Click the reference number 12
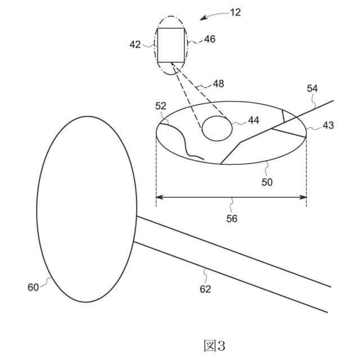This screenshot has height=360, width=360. [235, 12]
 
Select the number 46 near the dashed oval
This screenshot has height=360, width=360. [210, 39]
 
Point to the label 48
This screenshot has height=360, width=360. [218, 83]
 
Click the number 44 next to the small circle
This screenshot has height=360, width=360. [254, 120]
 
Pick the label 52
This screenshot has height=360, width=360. [161, 106]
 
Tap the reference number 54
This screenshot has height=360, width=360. [312, 88]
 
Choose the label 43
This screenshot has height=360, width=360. [328, 125]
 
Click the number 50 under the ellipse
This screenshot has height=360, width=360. [267, 182]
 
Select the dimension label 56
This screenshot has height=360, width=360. [231, 219]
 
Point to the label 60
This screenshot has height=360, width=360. [33, 287]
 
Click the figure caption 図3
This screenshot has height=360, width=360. [214, 344]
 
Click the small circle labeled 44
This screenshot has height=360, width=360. [217, 129]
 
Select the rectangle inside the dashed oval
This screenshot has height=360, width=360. [171, 44]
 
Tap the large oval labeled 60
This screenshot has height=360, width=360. [87, 209]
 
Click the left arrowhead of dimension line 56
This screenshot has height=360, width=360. [159, 197]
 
